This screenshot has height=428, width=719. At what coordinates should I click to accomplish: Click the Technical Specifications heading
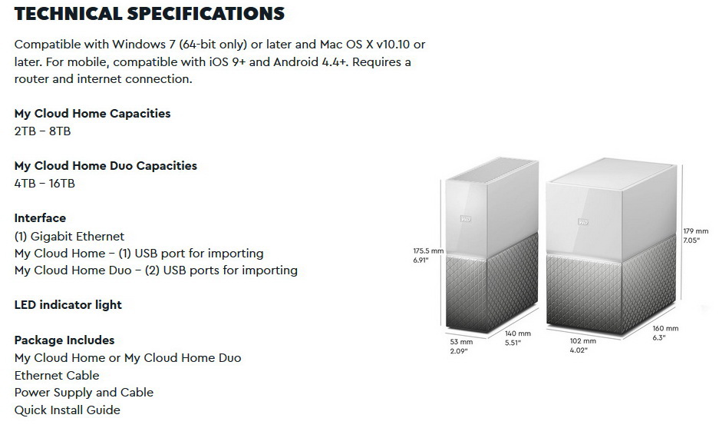[150, 14]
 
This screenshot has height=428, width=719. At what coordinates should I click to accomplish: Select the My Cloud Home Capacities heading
[92, 114]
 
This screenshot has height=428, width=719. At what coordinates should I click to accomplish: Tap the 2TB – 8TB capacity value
[43, 131]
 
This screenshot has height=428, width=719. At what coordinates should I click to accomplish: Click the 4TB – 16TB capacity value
[45, 184]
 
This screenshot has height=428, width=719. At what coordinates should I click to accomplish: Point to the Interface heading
[40, 218]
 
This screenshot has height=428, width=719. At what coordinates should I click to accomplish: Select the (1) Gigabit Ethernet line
[69, 237]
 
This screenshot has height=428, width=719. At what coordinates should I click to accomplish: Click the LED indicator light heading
[68, 305]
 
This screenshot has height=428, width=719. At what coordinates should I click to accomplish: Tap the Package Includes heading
[64, 340]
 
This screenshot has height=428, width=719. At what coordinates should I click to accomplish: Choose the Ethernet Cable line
[57, 376]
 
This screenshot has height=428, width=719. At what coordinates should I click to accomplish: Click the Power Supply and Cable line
[84, 393]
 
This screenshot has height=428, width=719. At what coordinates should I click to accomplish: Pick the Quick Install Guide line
[68, 410]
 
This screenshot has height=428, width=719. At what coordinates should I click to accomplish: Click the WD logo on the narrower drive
[466, 219]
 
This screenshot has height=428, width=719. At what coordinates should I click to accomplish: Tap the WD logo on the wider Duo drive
[583, 222]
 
